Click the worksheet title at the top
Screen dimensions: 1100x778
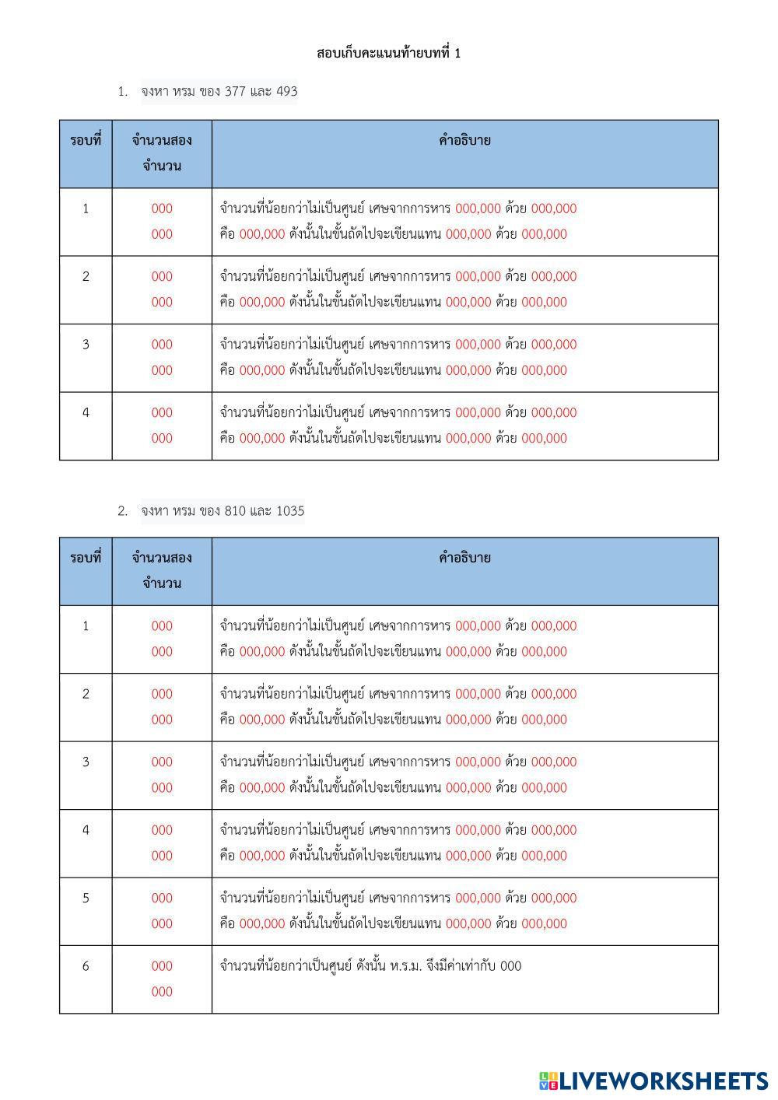click(388, 53)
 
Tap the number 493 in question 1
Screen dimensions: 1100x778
click(286, 92)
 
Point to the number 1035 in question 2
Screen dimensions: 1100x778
click(290, 511)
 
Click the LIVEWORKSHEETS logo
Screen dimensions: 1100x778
click(654, 1080)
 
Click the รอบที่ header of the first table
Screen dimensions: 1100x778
click(86, 141)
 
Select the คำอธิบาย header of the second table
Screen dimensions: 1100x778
click(464, 558)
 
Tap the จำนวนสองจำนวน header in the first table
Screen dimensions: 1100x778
click(162, 153)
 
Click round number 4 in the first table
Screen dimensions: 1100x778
click(86, 412)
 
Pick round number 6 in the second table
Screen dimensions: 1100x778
click(86, 966)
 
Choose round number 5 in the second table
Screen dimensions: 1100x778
click(86, 898)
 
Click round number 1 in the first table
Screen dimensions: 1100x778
click(86, 208)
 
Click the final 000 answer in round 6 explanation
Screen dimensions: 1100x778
click(511, 966)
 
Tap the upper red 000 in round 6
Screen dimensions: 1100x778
click(162, 966)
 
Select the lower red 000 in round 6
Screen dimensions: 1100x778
click(162, 992)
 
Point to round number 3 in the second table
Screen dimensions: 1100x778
click(86, 762)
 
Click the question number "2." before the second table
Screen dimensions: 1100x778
click(122, 511)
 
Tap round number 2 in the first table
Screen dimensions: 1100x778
click(86, 276)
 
